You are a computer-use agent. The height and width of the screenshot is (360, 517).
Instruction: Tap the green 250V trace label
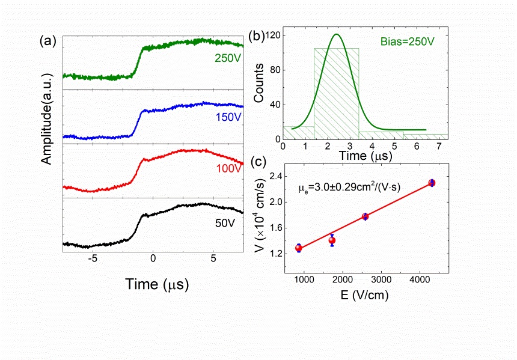227,58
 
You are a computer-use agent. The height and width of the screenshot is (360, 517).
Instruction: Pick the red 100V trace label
227,170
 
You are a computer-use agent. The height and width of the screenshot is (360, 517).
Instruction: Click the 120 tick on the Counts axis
275,36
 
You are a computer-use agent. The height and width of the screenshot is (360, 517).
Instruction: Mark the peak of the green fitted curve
336,34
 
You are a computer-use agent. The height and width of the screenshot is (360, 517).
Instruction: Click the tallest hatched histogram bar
336,93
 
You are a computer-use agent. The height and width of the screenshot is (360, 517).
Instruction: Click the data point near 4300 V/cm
432,183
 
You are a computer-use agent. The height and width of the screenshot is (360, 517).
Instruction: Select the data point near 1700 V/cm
332,240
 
